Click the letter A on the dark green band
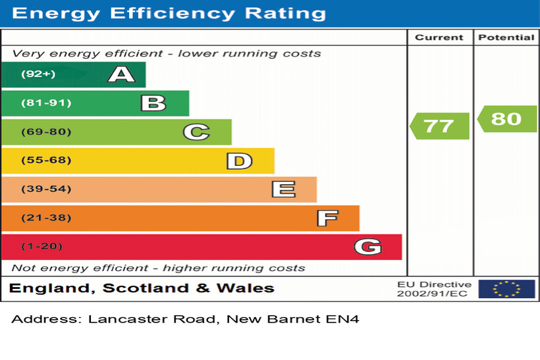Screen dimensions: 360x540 (x=121, y=74)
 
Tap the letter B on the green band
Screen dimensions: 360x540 (x=153, y=103)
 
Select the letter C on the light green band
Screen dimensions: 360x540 (x=196, y=132)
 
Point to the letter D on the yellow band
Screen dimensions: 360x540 (x=239, y=161)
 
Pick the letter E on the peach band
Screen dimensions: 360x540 (x=283, y=190)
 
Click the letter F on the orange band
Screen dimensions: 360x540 (x=327, y=218)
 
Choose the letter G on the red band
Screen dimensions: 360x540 (x=367, y=247)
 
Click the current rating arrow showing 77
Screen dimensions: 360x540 (x=439, y=126)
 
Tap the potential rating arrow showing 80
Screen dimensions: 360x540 (x=506, y=119)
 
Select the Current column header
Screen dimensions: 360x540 (x=439, y=38)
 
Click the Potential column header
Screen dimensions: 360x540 (x=506, y=38)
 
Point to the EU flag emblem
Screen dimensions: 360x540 (x=506, y=289)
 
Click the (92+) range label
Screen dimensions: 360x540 (x=38, y=74)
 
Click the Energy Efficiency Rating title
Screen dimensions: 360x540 (x=169, y=13)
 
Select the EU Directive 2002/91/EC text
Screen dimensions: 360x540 (x=433, y=289)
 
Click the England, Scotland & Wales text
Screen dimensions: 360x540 (x=142, y=288)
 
